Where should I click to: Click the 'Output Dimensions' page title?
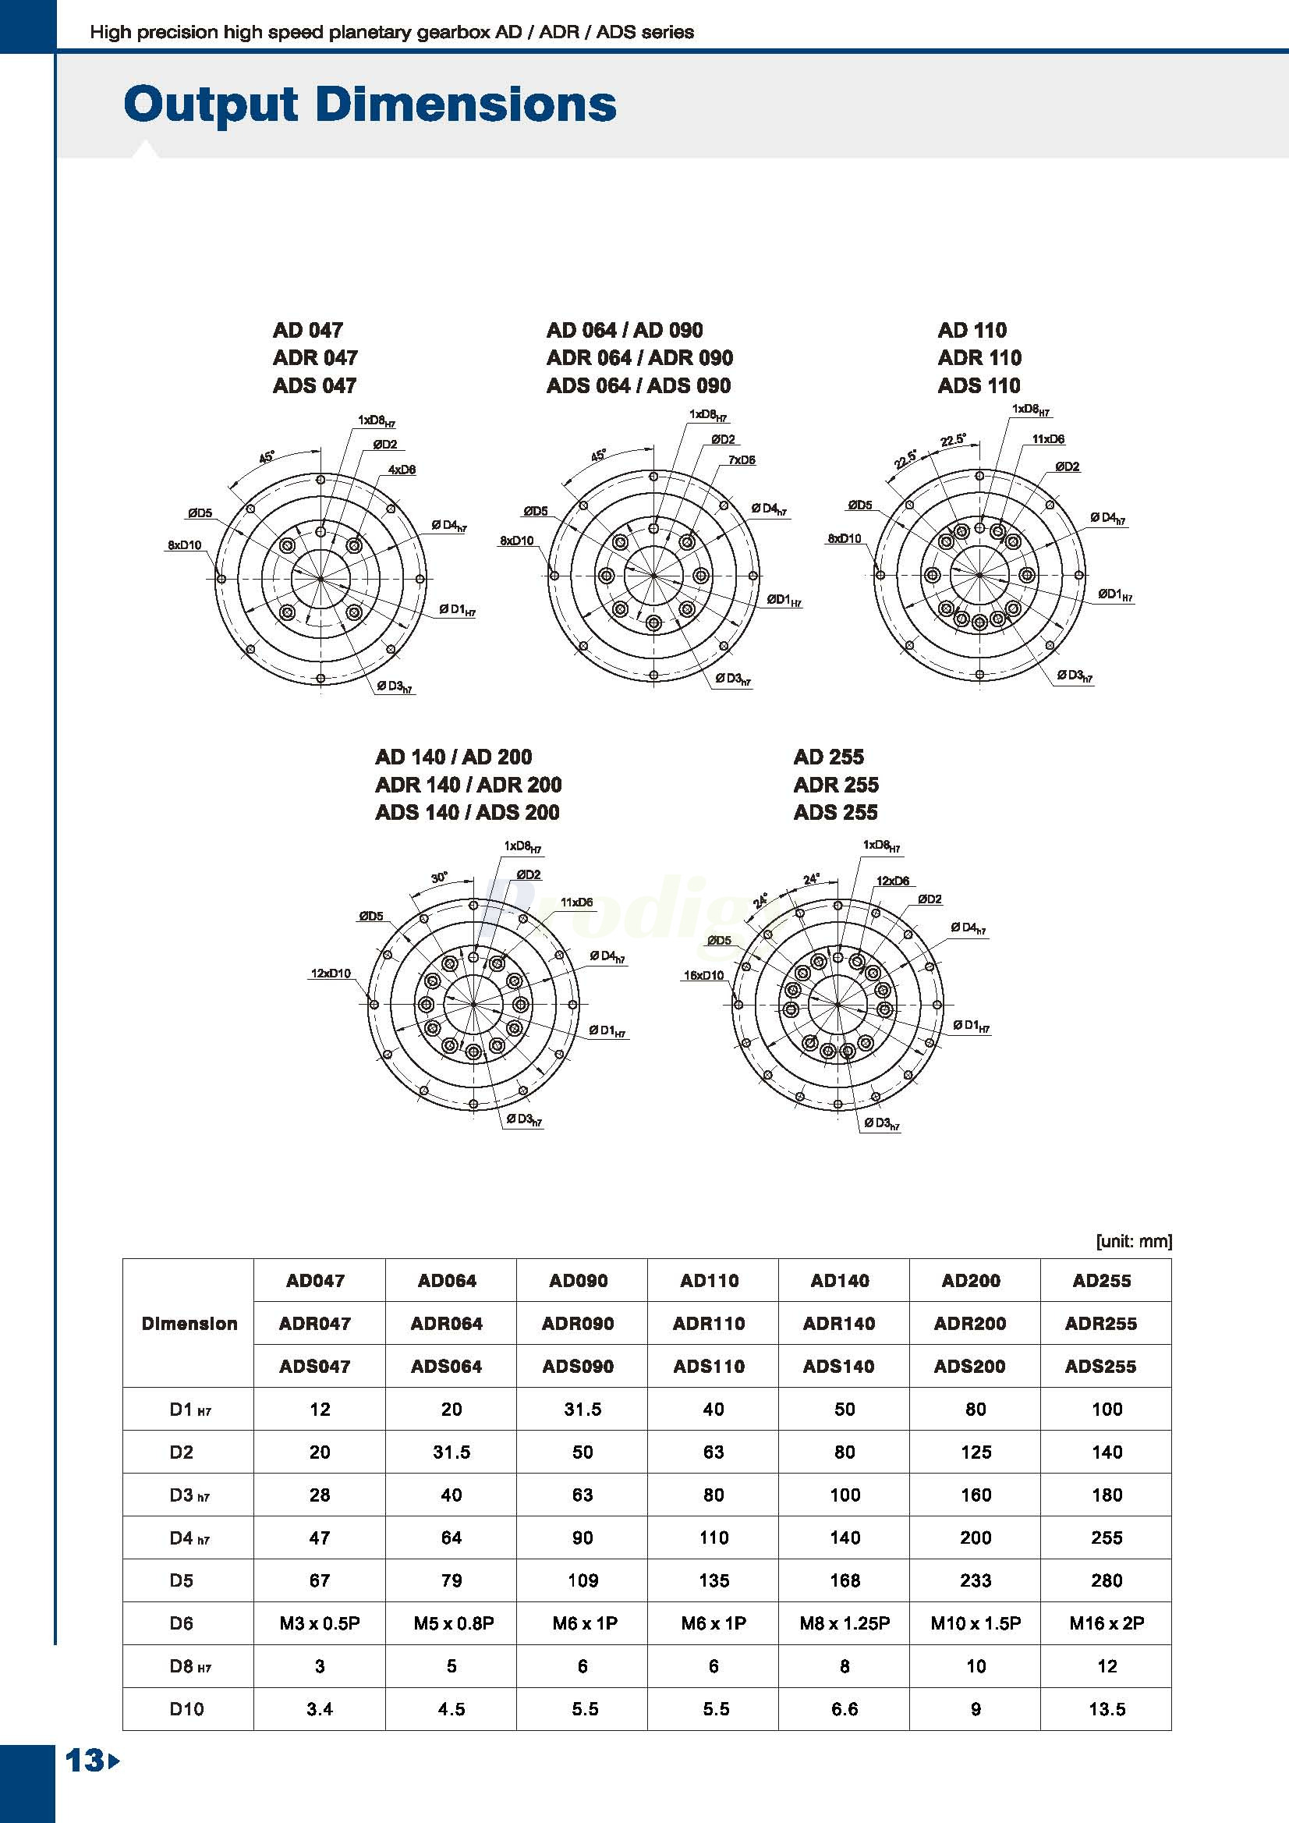(370, 104)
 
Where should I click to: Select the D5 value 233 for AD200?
(976, 1581)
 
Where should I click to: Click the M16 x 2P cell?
(1106, 1624)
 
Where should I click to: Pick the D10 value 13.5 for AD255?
(1107, 1709)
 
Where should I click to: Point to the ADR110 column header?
(709, 1324)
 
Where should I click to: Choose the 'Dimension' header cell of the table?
(189, 1324)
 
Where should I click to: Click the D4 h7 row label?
(189, 1538)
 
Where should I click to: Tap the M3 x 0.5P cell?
(319, 1624)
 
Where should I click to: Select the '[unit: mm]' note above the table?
(1134, 1241)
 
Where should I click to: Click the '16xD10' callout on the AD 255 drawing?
(703, 976)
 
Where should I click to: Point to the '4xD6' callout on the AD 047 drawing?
(402, 470)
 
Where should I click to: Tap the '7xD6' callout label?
(742, 459)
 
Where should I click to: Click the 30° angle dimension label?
(439, 878)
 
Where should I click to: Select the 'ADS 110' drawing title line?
(979, 386)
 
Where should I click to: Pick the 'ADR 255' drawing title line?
(836, 785)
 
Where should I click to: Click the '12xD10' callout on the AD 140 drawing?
(330, 974)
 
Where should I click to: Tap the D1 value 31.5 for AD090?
(583, 1410)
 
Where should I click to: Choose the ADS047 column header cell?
(315, 1367)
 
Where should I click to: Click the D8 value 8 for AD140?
(845, 1666)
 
